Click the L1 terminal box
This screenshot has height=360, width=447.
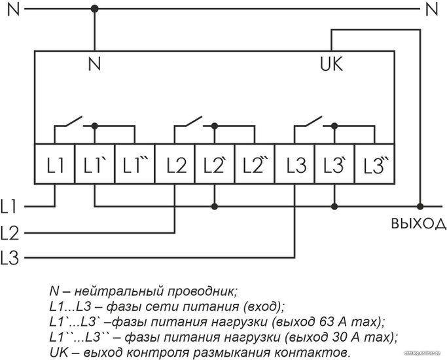[55, 164]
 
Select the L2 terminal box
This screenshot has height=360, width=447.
[175, 164]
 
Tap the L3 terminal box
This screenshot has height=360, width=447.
[295, 164]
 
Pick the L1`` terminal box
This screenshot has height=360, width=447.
[135, 164]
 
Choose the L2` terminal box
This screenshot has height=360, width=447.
[215, 164]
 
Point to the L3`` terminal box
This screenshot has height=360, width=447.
[374, 164]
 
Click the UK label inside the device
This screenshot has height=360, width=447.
[331, 64]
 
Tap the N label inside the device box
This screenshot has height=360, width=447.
[95, 64]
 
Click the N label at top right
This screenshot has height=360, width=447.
[432, 9]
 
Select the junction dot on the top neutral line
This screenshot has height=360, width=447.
[95, 9]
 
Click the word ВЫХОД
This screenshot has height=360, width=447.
[418, 223]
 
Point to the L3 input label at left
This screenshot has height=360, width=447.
[9, 258]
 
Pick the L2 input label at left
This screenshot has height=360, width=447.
[9, 232]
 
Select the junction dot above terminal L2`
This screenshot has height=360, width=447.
[215, 126]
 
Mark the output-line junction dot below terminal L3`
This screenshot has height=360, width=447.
[334, 206]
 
